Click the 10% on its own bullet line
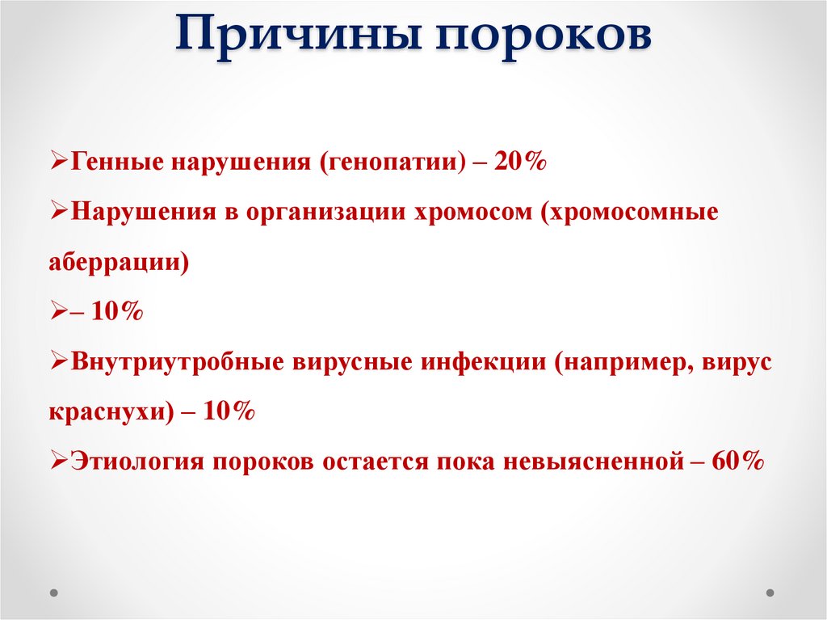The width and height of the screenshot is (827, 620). coord(116,312)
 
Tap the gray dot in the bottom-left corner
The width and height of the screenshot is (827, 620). coord(54,592)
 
